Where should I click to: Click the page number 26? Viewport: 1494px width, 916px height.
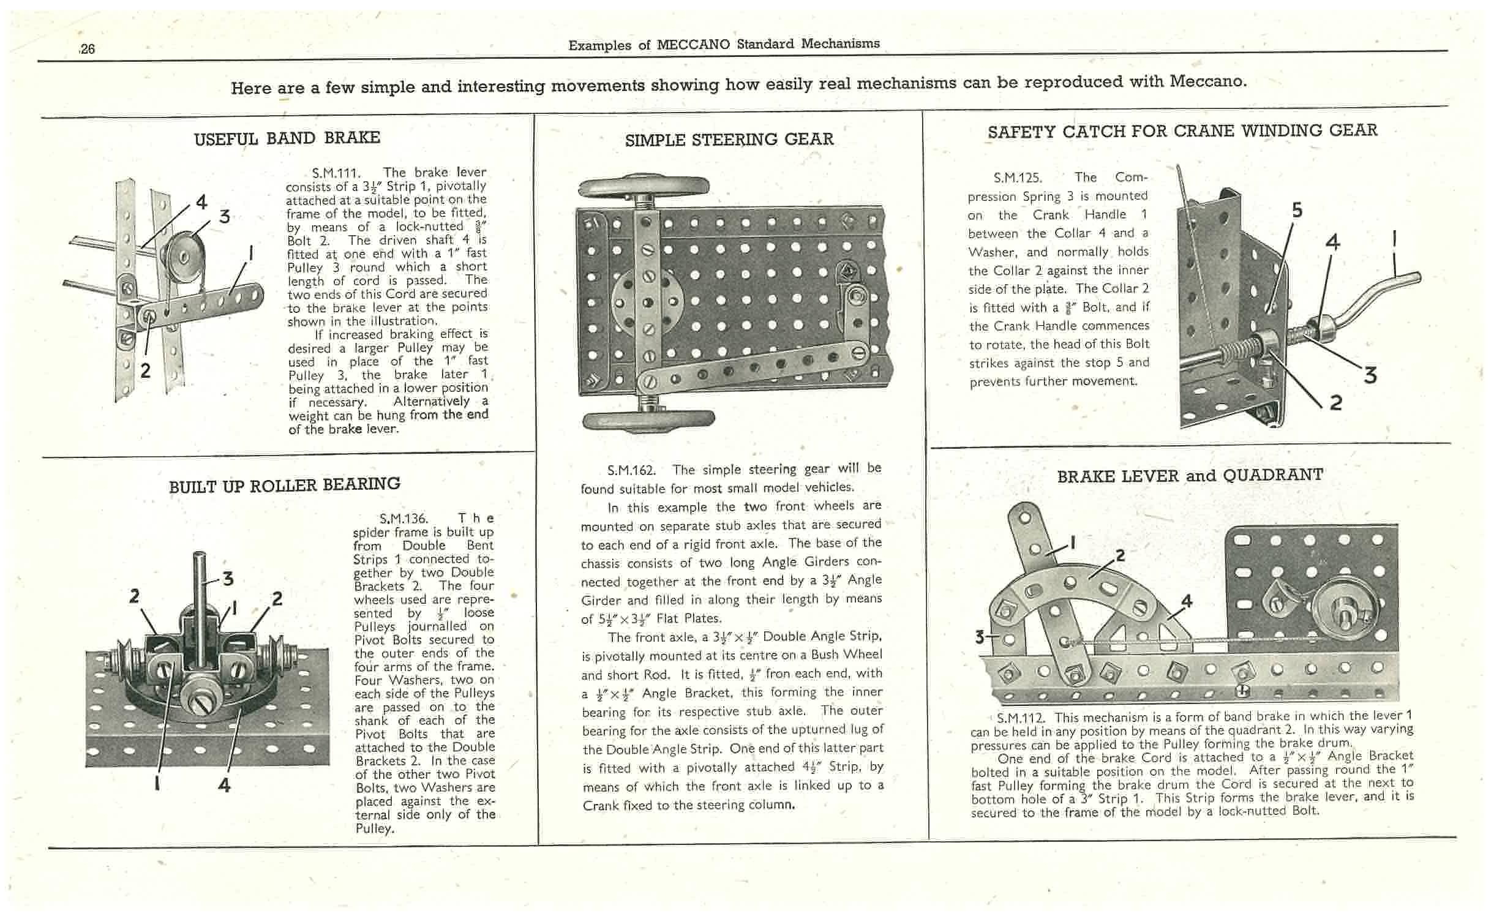pos(88,49)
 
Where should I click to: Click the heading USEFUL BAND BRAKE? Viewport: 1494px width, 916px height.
pos(287,138)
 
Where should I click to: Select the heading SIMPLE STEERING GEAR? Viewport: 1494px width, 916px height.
pos(729,140)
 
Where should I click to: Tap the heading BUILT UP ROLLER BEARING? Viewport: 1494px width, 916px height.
pos(285,486)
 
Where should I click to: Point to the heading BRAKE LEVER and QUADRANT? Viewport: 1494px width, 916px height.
pos(1190,476)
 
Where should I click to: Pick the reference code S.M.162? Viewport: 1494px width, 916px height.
pos(631,470)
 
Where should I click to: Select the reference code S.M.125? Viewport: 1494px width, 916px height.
pos(1017,178)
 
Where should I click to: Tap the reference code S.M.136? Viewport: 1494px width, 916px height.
pos(404,519)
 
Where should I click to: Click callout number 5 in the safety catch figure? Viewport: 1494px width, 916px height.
pos(1297,211)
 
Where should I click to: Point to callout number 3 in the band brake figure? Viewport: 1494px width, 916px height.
pos(225,216)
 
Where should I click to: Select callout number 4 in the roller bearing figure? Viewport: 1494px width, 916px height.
pos(225,785)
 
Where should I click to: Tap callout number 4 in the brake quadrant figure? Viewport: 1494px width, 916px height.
pos(1187,601)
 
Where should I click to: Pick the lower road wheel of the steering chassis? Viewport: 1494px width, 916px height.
pos(648,421)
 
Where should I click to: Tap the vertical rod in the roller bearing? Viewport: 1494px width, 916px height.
pos(200,606)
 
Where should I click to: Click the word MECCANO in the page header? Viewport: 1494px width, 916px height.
pos(693,45)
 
